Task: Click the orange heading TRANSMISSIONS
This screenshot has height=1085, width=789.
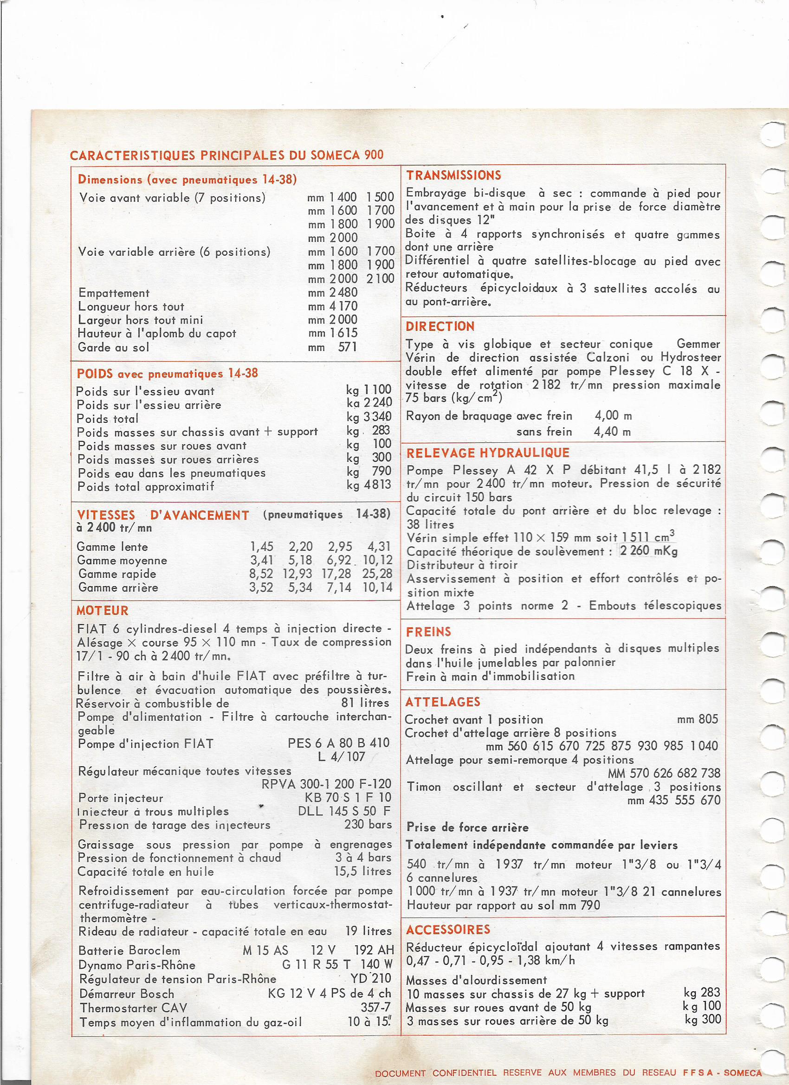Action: (x=453, y=175)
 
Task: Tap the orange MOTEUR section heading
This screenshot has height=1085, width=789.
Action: (x=103, y=610)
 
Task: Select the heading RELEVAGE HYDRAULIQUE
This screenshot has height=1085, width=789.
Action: (x=488, y=452)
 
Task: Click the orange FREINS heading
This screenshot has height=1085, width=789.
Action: (x=428, y=632)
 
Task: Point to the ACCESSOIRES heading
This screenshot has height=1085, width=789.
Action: (x=448, y=930)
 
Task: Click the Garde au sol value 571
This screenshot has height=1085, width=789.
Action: (x=347, y=347)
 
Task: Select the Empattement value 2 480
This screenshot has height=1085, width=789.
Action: (x=343, y=292)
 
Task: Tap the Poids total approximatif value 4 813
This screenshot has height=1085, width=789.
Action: (x=377, y=485)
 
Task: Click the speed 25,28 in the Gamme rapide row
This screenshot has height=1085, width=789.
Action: (x=377, y=574)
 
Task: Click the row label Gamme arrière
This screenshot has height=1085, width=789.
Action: (x=118, y=588)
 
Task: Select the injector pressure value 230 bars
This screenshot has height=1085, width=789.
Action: (x=368, y=825)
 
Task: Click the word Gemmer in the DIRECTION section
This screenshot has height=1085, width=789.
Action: (x=698, y=343)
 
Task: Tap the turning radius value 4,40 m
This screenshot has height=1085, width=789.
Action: (x=613, y=432)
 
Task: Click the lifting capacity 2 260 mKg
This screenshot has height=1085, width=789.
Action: (x=648, y=551)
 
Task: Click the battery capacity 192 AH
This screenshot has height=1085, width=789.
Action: (x=374, y=950)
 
